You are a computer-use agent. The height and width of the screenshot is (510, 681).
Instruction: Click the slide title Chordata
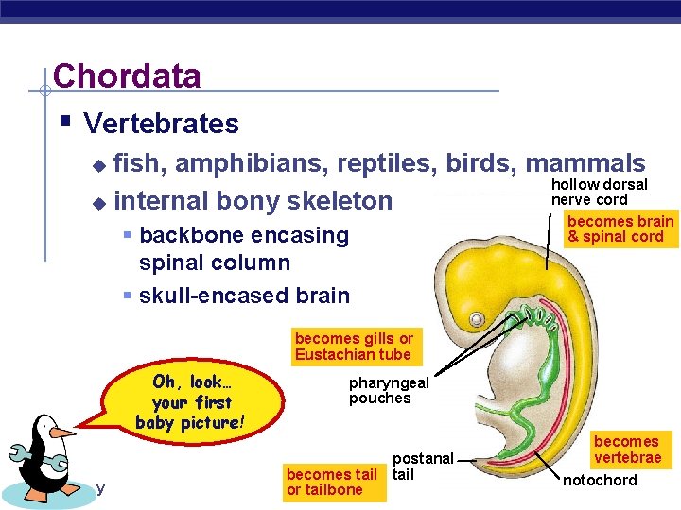(x=127, y=76)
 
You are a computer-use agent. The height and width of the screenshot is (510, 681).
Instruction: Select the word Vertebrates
(x=161, y=124)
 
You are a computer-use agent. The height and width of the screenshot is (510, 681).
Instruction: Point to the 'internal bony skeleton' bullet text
(x=252, y=200)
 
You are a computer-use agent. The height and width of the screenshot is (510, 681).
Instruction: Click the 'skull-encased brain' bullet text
(x=244, y=296)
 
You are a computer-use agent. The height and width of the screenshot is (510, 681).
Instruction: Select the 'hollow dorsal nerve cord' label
(x=599, y=192)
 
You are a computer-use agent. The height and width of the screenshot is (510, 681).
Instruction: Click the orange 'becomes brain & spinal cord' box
(x=620, y=229)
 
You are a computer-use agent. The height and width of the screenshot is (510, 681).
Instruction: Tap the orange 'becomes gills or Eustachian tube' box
(x=353, y=347)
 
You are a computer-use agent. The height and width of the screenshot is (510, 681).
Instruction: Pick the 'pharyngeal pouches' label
(x=388, y=390)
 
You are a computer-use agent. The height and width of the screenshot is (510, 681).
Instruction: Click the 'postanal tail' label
(x=423, y=467)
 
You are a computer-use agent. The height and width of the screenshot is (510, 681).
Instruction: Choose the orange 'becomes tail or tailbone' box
(x=331, y=482)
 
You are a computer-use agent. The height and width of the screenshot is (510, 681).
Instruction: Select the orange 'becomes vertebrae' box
(x=626, y=450)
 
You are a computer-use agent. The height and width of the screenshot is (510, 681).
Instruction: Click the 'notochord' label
(x=600, y=481)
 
